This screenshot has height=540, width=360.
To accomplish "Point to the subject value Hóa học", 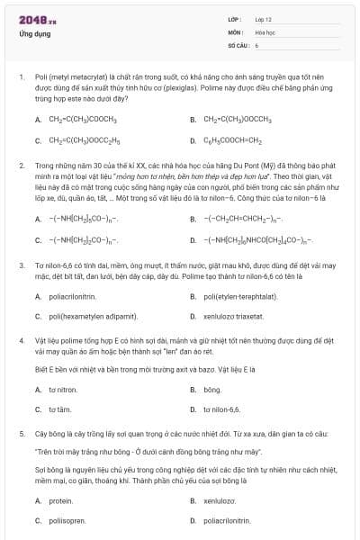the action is coord(266,31).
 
